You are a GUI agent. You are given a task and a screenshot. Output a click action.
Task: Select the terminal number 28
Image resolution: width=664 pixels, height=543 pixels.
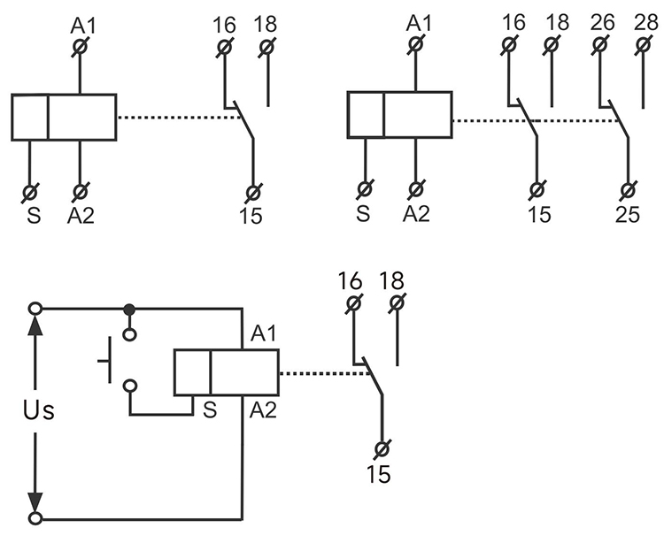click(x=647, y=21)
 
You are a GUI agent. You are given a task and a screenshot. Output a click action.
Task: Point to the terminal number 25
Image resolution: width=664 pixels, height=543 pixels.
click(x=628, y=214)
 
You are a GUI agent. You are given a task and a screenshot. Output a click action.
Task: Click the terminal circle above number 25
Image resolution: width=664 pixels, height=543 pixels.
click(x=628, y=189)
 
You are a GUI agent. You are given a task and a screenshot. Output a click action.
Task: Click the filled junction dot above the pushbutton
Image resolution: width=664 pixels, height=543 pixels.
click(x=130, y=309)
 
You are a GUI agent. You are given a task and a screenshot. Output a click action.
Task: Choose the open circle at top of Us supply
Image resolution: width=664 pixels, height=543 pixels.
click(x=35, y=309)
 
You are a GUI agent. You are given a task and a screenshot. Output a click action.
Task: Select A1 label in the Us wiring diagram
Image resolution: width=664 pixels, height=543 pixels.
click(x=263, y=333)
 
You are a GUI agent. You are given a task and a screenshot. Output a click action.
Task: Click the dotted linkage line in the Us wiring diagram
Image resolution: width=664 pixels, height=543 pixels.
click(x=323, y=373)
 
